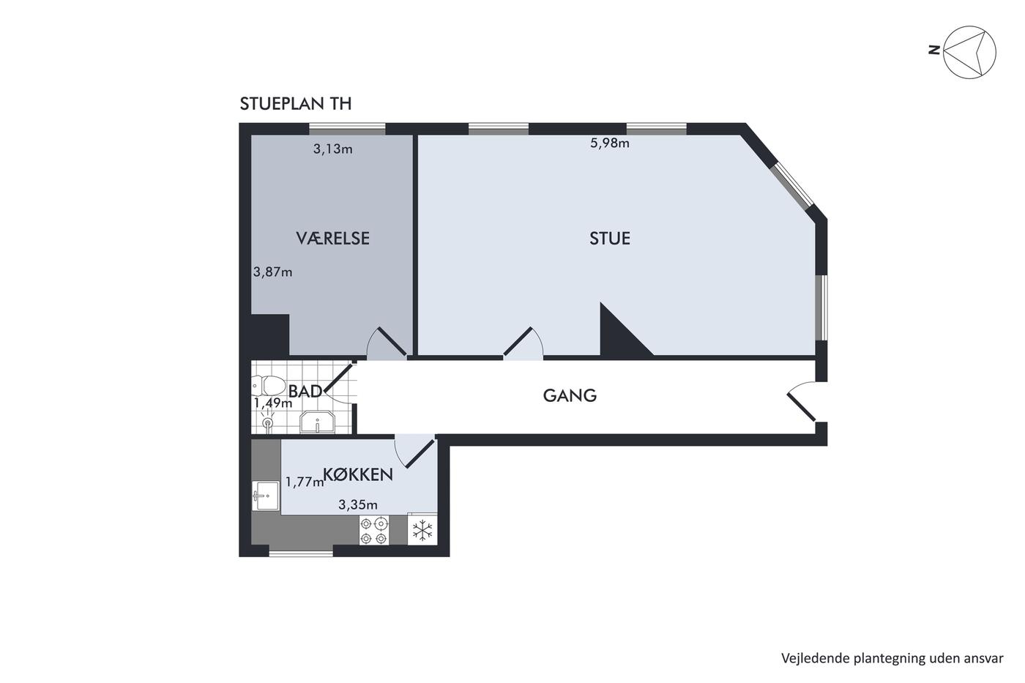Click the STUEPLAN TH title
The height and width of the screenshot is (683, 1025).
pyautogui.click(x=296, y=104)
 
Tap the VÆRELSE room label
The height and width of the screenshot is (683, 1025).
pyautogui.click(x=332, y=239)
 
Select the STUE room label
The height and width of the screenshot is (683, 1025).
pyautogui.click(x=609, y=239)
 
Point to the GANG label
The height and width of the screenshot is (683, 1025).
pyautogui.click(x=570, y=395)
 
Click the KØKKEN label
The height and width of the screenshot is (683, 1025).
pyautogui.click(x=358, y=474)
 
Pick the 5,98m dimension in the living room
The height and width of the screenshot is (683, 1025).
pyautogui.click(x=609, y=143)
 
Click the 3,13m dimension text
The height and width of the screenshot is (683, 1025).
pyautogui.click(x=332, y=149)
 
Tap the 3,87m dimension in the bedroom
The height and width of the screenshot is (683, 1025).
pyautogui.click(x=272, y=272)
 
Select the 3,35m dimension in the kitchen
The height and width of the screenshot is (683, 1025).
pyautogui.click(x=358, y=504)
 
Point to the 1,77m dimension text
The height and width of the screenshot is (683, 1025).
pyautogui.click(x=305, y=482)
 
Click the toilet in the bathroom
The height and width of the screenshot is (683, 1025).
pyautogui.click(x=269, y=386)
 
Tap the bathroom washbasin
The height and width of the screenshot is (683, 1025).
pyautogui.click(x=317, y=422)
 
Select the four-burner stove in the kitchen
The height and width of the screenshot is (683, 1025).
pyautogui.click(x=374, y=530)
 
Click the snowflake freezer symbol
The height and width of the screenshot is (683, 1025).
pyautogui.click(x=422, y=530)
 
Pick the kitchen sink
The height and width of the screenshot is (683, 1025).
pyautogui.click(x=265, y=496)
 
